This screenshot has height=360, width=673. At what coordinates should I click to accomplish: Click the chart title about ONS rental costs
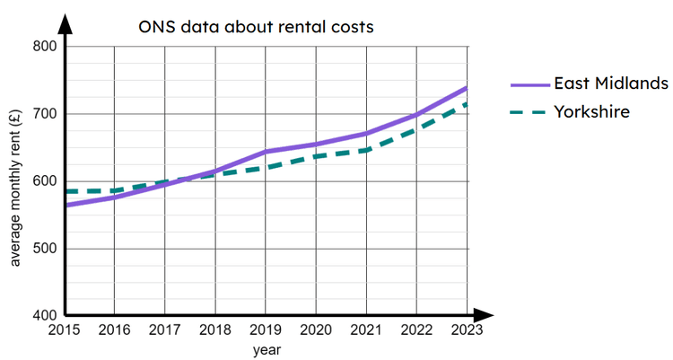pyautogui.click(x=256, y=27)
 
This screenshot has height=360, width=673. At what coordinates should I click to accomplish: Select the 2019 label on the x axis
pyautogui.click(x=267, y=329)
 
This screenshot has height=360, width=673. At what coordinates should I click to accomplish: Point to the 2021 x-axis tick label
pyautogui.click(x=366, y=329)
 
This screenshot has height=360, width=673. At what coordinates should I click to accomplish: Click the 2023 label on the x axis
pyautogui.click(x=467, y=329)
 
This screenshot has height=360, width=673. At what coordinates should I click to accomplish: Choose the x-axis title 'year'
pyautogui.click(x=267, y=348)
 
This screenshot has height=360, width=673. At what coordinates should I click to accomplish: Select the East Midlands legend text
pyautogui.click(x=611, y=83)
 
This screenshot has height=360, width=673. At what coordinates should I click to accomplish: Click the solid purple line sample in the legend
pyautogui.click(x=529, y=84)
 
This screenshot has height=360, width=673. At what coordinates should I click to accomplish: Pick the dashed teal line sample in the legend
pyautogui.click(x=529, y=112)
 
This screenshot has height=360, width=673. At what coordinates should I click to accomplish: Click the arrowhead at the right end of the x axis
pyautogui.click(x=485, y=316)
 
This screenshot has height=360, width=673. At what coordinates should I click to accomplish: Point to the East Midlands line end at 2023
pyautogui.click(x=467, y=88)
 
